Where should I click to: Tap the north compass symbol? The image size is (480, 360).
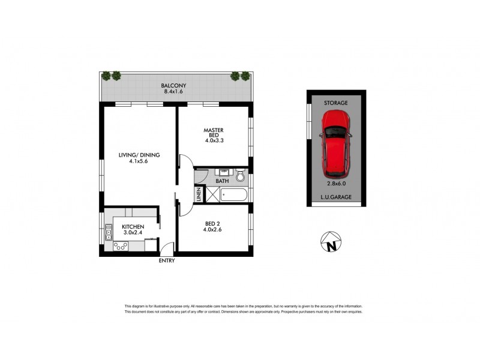[330, 242]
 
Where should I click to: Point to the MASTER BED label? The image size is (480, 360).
[214, 133]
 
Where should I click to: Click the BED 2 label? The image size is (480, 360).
[213, 223]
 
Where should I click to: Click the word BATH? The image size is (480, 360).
[222, 180]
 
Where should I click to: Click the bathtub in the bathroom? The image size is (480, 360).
[234, 195]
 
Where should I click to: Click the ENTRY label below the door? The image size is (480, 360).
[167, 261]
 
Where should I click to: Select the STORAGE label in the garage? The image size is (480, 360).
[336, 103]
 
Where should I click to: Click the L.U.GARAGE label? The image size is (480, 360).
[336, 196]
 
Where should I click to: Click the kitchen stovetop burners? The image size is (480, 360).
[119, 245]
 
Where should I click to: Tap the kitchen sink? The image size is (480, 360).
[109, 231]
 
